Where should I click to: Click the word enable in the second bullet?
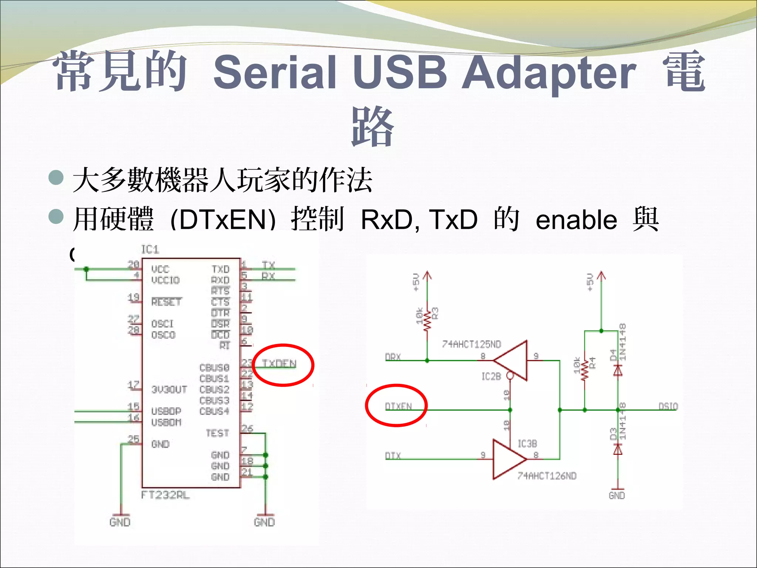point(576,220)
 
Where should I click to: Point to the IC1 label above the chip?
point(150,250)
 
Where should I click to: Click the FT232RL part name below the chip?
point(165,495)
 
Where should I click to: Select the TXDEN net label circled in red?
point(279,364)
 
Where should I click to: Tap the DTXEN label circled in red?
point(398,406)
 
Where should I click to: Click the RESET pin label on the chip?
point(166,302)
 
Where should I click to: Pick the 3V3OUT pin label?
point(169,389)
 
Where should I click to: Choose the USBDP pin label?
point(166,411)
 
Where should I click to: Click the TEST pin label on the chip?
point(217,433)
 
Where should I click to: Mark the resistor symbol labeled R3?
point(427,320)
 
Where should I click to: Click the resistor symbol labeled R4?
point(585,370)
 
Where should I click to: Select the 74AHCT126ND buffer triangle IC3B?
point(509,459)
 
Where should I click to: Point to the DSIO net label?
point(668,406)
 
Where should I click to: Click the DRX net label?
point(393,357)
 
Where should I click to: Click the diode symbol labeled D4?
point(618,370)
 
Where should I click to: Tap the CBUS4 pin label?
point(214,411)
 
